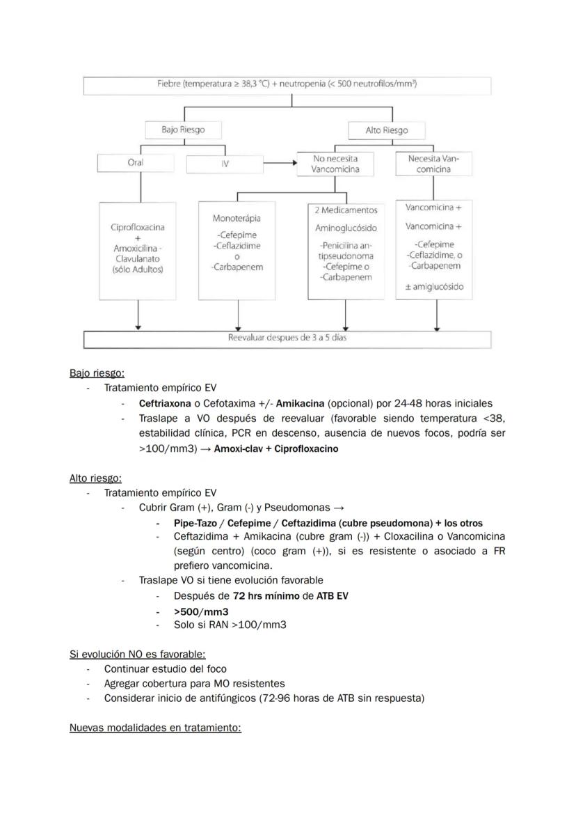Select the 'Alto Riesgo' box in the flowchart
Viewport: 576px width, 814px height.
pyautogui.click(x=386, y=130)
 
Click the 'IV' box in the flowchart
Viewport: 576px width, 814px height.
pyautogui.click(x=224, y=164)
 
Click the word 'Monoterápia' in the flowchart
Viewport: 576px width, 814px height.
pyautogui.click(x=237, y=219)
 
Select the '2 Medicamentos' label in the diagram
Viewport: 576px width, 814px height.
pyautogui.click(x=345, y=210)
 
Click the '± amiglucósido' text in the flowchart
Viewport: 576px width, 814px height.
pyautogui.click(x=434, y=287)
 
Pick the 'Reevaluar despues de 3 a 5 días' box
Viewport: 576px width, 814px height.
pyautogui.click(x=287, y=338)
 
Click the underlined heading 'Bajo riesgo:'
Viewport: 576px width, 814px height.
pyautogui.click(x=97, y=373)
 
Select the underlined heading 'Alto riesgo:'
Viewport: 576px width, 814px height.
pyautogui.click(x=95, y=478)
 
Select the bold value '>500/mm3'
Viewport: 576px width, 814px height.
pyautogui.click(x=202, y=611)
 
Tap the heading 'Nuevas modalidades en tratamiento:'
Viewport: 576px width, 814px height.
pyautogui.click(x=155, y=728)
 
